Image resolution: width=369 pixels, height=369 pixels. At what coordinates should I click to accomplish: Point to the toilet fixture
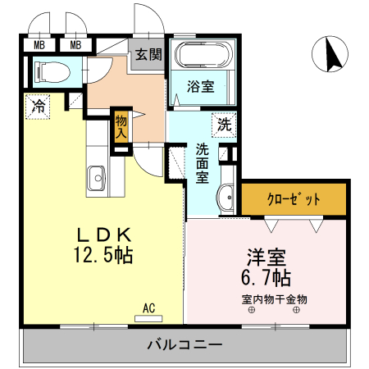coord(52,72)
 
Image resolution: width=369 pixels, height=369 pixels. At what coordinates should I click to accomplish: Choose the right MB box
coord(75,45)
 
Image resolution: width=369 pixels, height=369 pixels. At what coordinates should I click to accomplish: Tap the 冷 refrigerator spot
coord(38,106)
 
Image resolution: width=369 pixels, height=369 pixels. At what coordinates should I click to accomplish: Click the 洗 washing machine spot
coord(223,125)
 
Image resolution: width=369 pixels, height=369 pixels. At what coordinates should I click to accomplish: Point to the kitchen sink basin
coord(96,175)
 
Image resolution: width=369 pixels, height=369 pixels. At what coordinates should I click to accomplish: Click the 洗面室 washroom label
coord(203,164)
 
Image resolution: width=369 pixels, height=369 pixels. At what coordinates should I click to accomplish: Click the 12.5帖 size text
coord(102,255)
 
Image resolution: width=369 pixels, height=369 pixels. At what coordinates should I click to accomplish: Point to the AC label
coord(149,307)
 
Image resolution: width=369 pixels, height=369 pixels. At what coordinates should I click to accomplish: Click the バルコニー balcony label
coord(184,345)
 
